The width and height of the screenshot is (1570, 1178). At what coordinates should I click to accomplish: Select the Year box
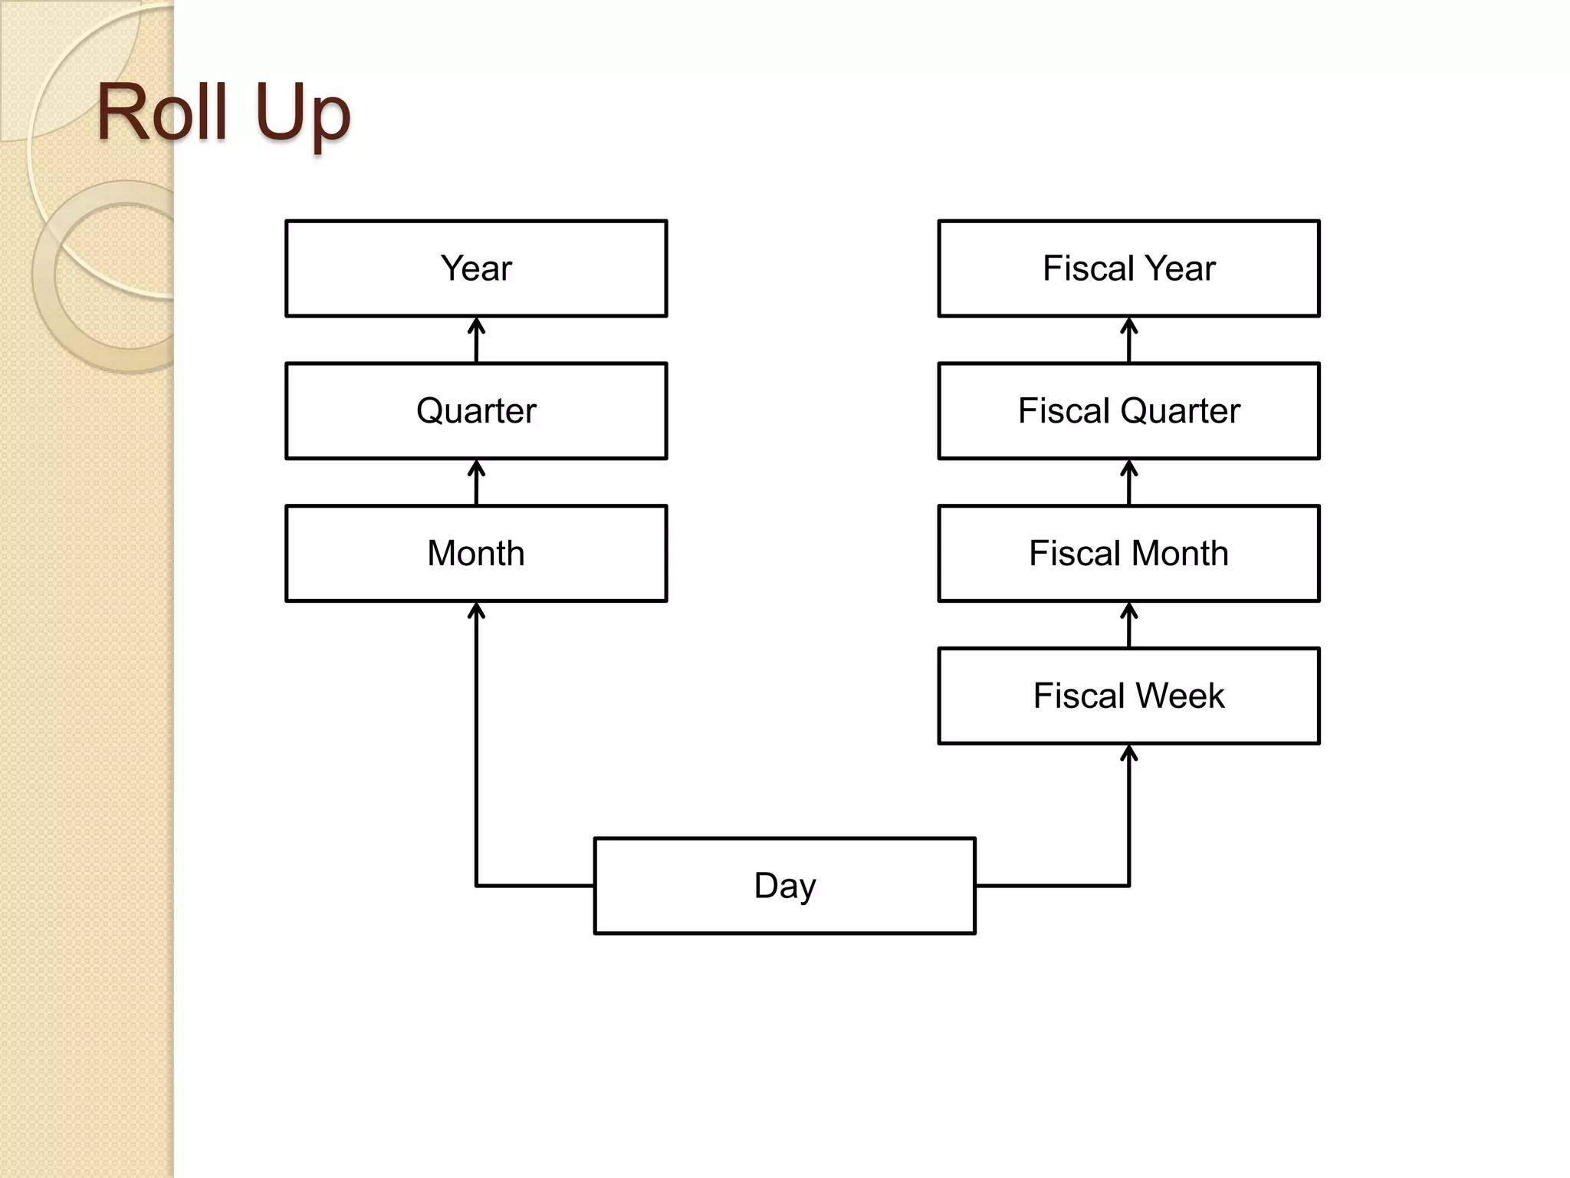point(476,268)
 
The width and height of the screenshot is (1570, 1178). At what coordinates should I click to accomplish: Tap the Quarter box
point(476,411)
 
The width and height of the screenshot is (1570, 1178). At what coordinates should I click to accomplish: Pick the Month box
point(476,553)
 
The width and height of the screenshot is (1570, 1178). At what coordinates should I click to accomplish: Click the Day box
point(784,886)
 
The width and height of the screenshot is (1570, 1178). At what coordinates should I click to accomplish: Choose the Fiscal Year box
point(1128,268)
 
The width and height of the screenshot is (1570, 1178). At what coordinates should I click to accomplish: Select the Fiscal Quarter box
point(1128,411)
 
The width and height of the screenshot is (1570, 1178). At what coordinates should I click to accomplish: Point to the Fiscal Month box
point(1128,553)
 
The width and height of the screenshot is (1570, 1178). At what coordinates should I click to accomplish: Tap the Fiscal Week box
point(1128,696)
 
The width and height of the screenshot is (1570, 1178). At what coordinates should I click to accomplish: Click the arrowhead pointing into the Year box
point(476,326)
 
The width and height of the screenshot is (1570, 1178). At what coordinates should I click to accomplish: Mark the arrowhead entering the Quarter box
point(476,468)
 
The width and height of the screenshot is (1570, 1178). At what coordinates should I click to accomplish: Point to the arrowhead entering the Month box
point(476,610)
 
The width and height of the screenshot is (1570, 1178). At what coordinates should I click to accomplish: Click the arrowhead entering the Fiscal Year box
point(1128,326)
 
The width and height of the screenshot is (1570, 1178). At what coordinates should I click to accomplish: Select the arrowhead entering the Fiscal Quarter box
point(1128,468)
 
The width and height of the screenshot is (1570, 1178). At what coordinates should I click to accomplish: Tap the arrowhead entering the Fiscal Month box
point(1128,610)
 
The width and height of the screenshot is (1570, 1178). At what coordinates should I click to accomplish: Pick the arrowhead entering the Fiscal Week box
point(1128,753)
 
